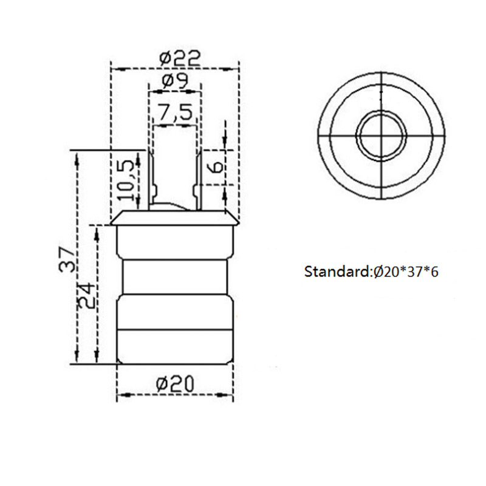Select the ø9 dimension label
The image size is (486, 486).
(174, 81)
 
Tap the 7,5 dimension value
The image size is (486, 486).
(174, 112)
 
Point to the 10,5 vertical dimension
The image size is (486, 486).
(125, 181)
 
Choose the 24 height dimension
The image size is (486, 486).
(87, 295)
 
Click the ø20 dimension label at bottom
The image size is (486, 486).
(174, 383)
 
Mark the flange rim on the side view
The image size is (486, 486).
(174, 219)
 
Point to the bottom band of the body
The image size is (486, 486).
(174, 346)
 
